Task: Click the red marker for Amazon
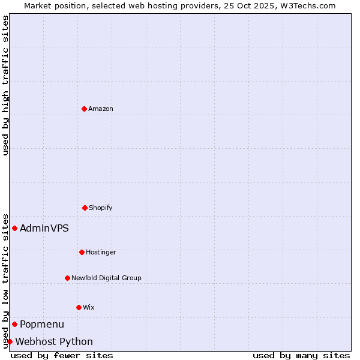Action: click(84, 109)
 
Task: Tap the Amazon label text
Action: click(101, 109)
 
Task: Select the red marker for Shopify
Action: click(85, 208)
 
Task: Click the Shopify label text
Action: click(101, 208)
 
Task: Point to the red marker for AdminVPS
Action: click(14, 228)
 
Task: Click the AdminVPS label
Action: click(44, 228)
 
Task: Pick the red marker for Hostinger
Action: click(82, 252)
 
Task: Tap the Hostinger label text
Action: click(101, 252)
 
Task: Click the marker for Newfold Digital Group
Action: click(67, 278)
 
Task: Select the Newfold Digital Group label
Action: click(106, 278)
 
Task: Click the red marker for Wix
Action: click(79, 307)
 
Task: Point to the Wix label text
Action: click(89, 307)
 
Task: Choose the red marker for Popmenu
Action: click(14, 324)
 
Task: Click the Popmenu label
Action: click(42, 324)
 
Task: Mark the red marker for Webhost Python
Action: click(10, 341)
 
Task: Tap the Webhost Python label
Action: click(54, 341)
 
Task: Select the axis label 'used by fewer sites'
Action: click(62, 355)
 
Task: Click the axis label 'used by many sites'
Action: click(301, 355)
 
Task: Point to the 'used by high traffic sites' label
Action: click(5, 85)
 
